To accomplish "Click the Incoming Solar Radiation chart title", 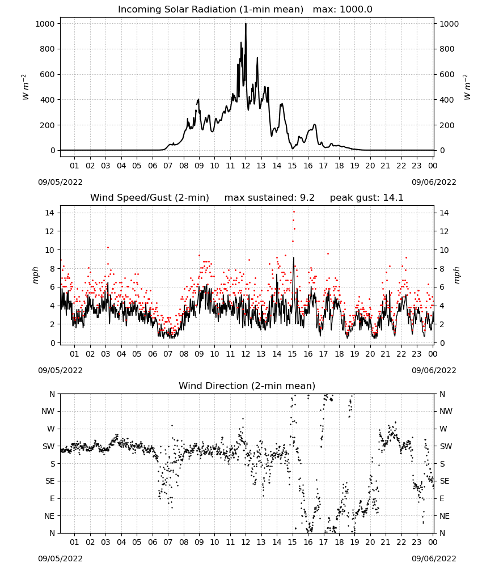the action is coord(210,10).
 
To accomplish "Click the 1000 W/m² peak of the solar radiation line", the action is coord(246,24).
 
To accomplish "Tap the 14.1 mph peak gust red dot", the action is coord(294,211).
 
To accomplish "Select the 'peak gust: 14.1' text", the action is coord(366,198).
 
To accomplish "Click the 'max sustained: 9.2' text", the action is coord(269,198).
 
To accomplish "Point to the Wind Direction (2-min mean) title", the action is coord(247,386).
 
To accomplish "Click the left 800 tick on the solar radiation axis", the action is coord(47,49).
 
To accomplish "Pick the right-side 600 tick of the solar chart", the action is coord(447,74).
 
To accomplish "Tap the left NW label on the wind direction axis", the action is coord(48,411).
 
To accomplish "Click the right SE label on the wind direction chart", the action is coord(445,481).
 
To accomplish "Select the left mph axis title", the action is coord(35,275).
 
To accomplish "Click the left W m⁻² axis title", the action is coord(25,87).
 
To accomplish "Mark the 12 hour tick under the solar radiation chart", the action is coord(246,166).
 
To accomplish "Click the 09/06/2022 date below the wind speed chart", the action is coord(434,370).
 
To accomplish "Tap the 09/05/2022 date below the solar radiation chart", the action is coord(60,182).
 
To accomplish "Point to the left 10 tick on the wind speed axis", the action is coord(50,250).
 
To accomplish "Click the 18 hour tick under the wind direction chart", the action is coord(339,542).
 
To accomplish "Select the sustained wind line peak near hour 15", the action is coord(294,258).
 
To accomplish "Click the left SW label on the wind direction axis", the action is coord(48,446).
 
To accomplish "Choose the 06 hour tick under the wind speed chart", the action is coord(152,354).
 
